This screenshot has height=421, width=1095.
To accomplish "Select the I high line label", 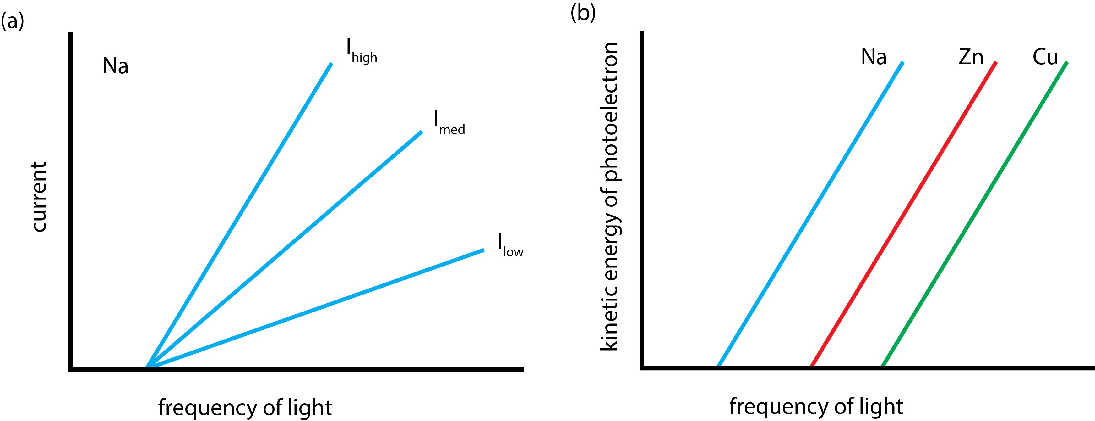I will [361, 51].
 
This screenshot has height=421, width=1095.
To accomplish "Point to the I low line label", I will [510, 246].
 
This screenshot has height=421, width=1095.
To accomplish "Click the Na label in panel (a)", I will [116, 66].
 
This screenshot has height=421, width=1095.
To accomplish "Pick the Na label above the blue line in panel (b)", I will [874, 57].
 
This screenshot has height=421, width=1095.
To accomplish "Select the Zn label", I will [971, 57].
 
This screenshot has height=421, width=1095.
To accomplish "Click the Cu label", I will [1045, 57].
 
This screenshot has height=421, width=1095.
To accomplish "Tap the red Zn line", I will [903, 214].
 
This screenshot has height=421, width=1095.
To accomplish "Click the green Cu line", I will [974, 214].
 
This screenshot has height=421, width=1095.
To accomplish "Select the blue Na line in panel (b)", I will [810, 214].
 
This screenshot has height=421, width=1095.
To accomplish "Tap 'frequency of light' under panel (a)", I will [245, 407].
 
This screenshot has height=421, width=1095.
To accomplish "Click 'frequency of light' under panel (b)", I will [816, 406].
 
